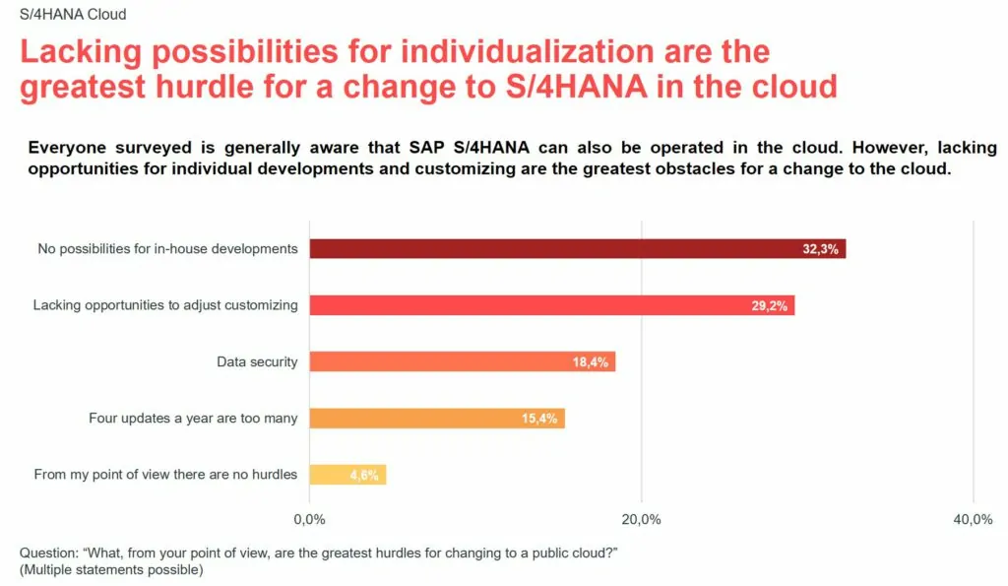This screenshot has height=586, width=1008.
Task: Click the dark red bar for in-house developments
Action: tap(551, 249)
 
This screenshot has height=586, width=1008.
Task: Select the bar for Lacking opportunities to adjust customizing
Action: tap(532, 305)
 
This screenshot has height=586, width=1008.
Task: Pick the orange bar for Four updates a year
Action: tap(413, 419)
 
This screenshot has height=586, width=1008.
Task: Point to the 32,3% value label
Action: tap(820, 249)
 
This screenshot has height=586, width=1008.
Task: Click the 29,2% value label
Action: tap(770, 306)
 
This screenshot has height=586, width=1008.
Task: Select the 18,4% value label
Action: tap(591, 362)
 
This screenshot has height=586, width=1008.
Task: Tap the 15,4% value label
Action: tap(539, 419)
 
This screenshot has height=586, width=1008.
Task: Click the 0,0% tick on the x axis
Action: tap(310, 519)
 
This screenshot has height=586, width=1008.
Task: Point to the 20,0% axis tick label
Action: tap(642, 519)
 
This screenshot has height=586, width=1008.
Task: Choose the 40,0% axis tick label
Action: tap(974, 519)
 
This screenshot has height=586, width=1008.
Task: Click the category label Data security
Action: tap(257, 361)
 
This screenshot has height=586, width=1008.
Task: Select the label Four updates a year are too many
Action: tap(193, 419)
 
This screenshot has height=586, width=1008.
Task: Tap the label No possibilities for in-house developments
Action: tap(167, 248)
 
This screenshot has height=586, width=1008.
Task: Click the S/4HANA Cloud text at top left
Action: tap(73, 15)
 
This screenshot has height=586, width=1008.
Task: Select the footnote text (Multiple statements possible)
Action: tap(111, 569)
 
